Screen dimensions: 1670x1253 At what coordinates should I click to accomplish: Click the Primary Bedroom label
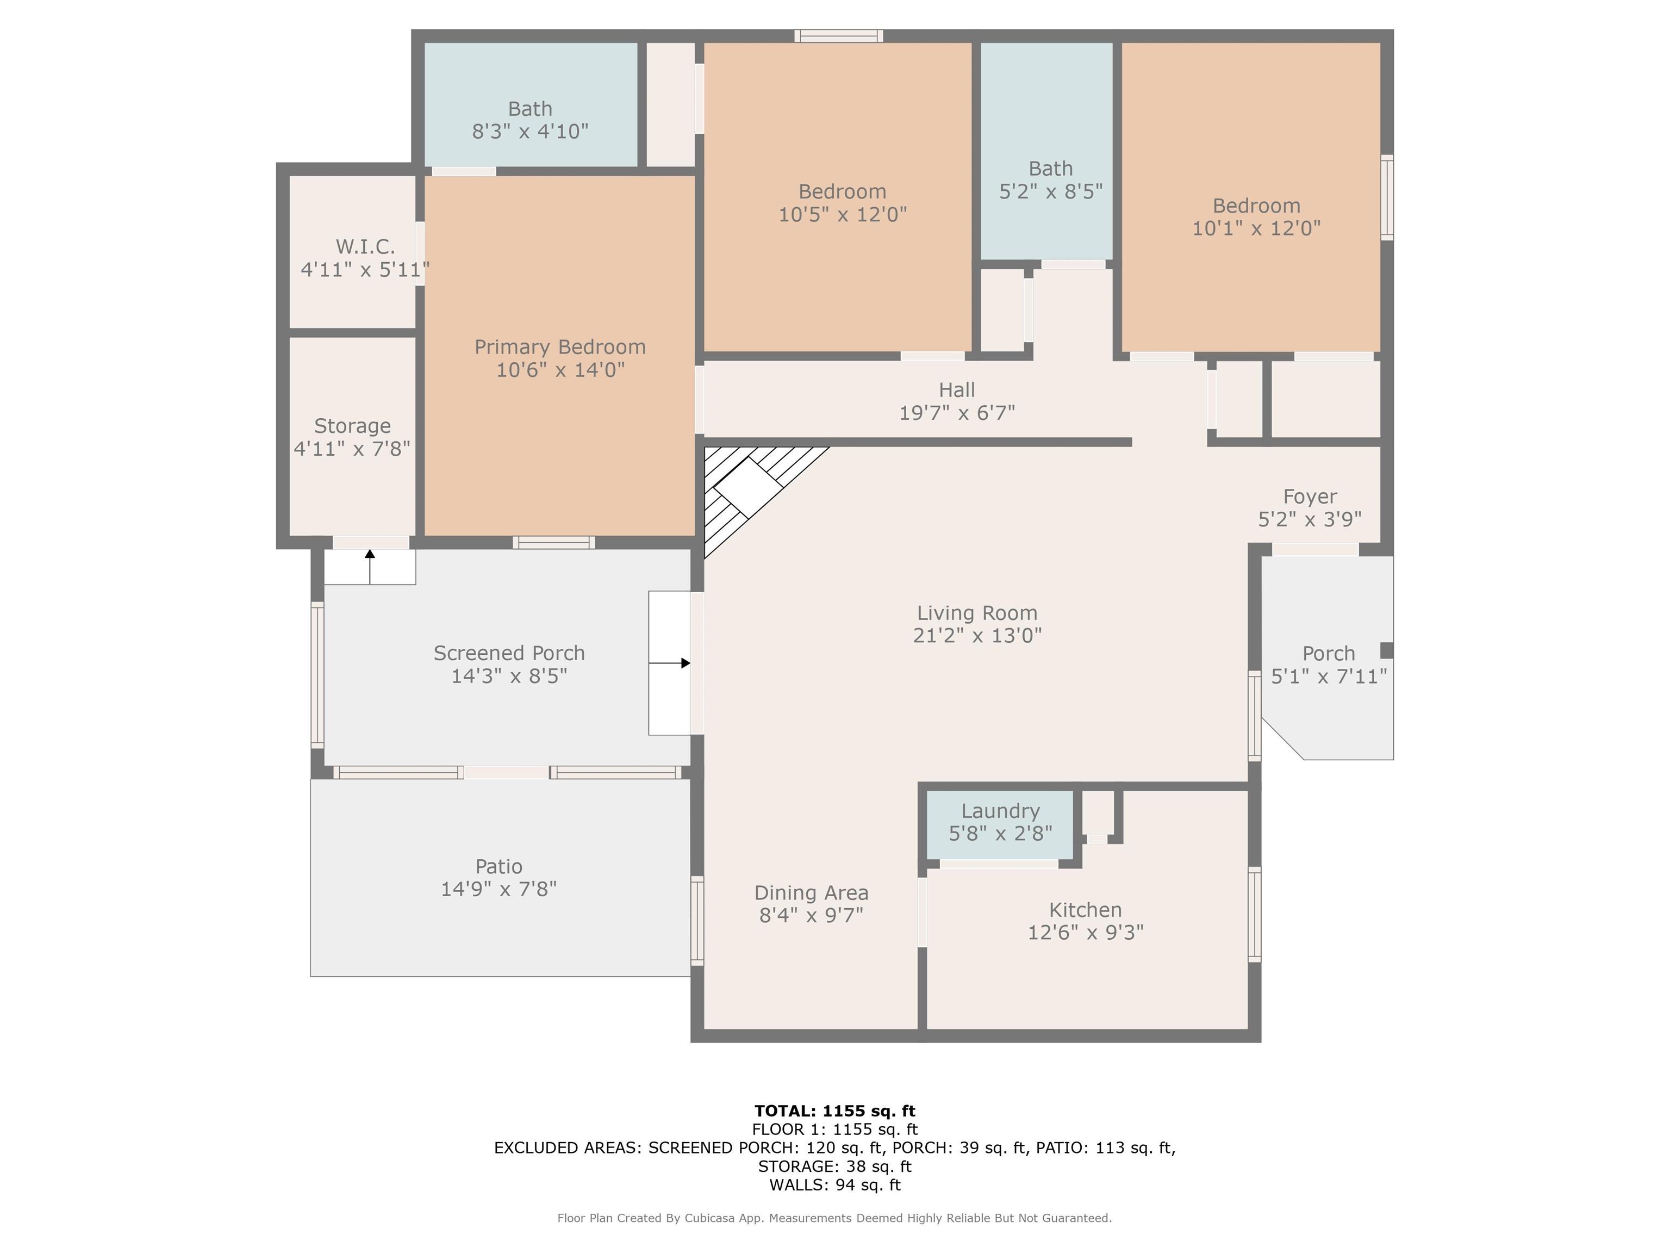pyautogui.click(x=559, y=348)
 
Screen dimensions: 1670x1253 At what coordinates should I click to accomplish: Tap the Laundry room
pyautogui.click(x=1000, y=825)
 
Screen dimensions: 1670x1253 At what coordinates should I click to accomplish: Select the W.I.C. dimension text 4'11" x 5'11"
pyautogui.click(x=365, y=270)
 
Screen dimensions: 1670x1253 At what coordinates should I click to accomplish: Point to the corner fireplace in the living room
pyautogui.click(x=747, y=487)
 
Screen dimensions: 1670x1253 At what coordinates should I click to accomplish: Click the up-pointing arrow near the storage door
pyautogui.click(x=370, y=567)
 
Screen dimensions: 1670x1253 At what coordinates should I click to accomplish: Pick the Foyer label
pyautogui.click(x=1310, y=497)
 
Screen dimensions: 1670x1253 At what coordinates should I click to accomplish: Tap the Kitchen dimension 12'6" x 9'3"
pyautogui.click(x=1086, y=932)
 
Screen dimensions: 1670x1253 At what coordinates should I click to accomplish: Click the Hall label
pyautogui.click(x=957, y=390)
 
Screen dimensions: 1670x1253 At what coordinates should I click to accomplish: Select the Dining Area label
pyautogui.click(x=812, y=893)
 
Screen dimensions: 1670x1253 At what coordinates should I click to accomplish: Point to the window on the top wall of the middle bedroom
pyautogui.click(x=839, y=35)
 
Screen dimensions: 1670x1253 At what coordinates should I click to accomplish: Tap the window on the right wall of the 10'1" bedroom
pyautogui.click(x=1387, y=198)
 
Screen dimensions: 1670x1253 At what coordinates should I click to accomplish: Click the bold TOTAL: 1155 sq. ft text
pyautogui.click(x=835, y=1111)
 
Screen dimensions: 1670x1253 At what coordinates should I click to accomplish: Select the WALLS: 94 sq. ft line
pyautogui.click(x=835, y=1185)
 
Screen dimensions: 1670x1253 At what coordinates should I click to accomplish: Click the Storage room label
pyautogui.click(x=353, y=426)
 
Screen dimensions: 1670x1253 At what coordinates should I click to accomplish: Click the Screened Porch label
pyautogui.click(x=509, y=653)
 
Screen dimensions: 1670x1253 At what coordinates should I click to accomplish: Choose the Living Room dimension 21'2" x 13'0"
pyautogui.click(x=977, y=635)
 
